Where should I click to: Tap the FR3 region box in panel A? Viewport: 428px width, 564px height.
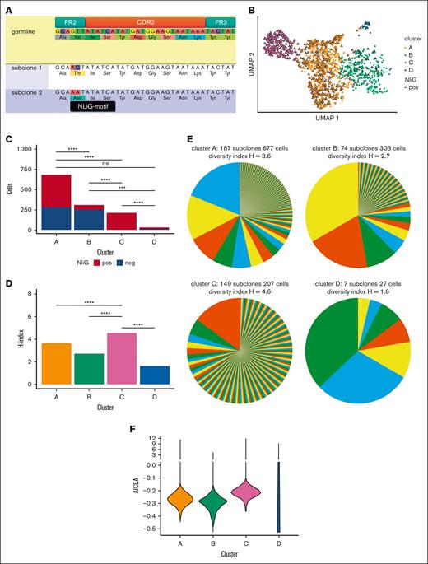[x=220, y=18]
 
